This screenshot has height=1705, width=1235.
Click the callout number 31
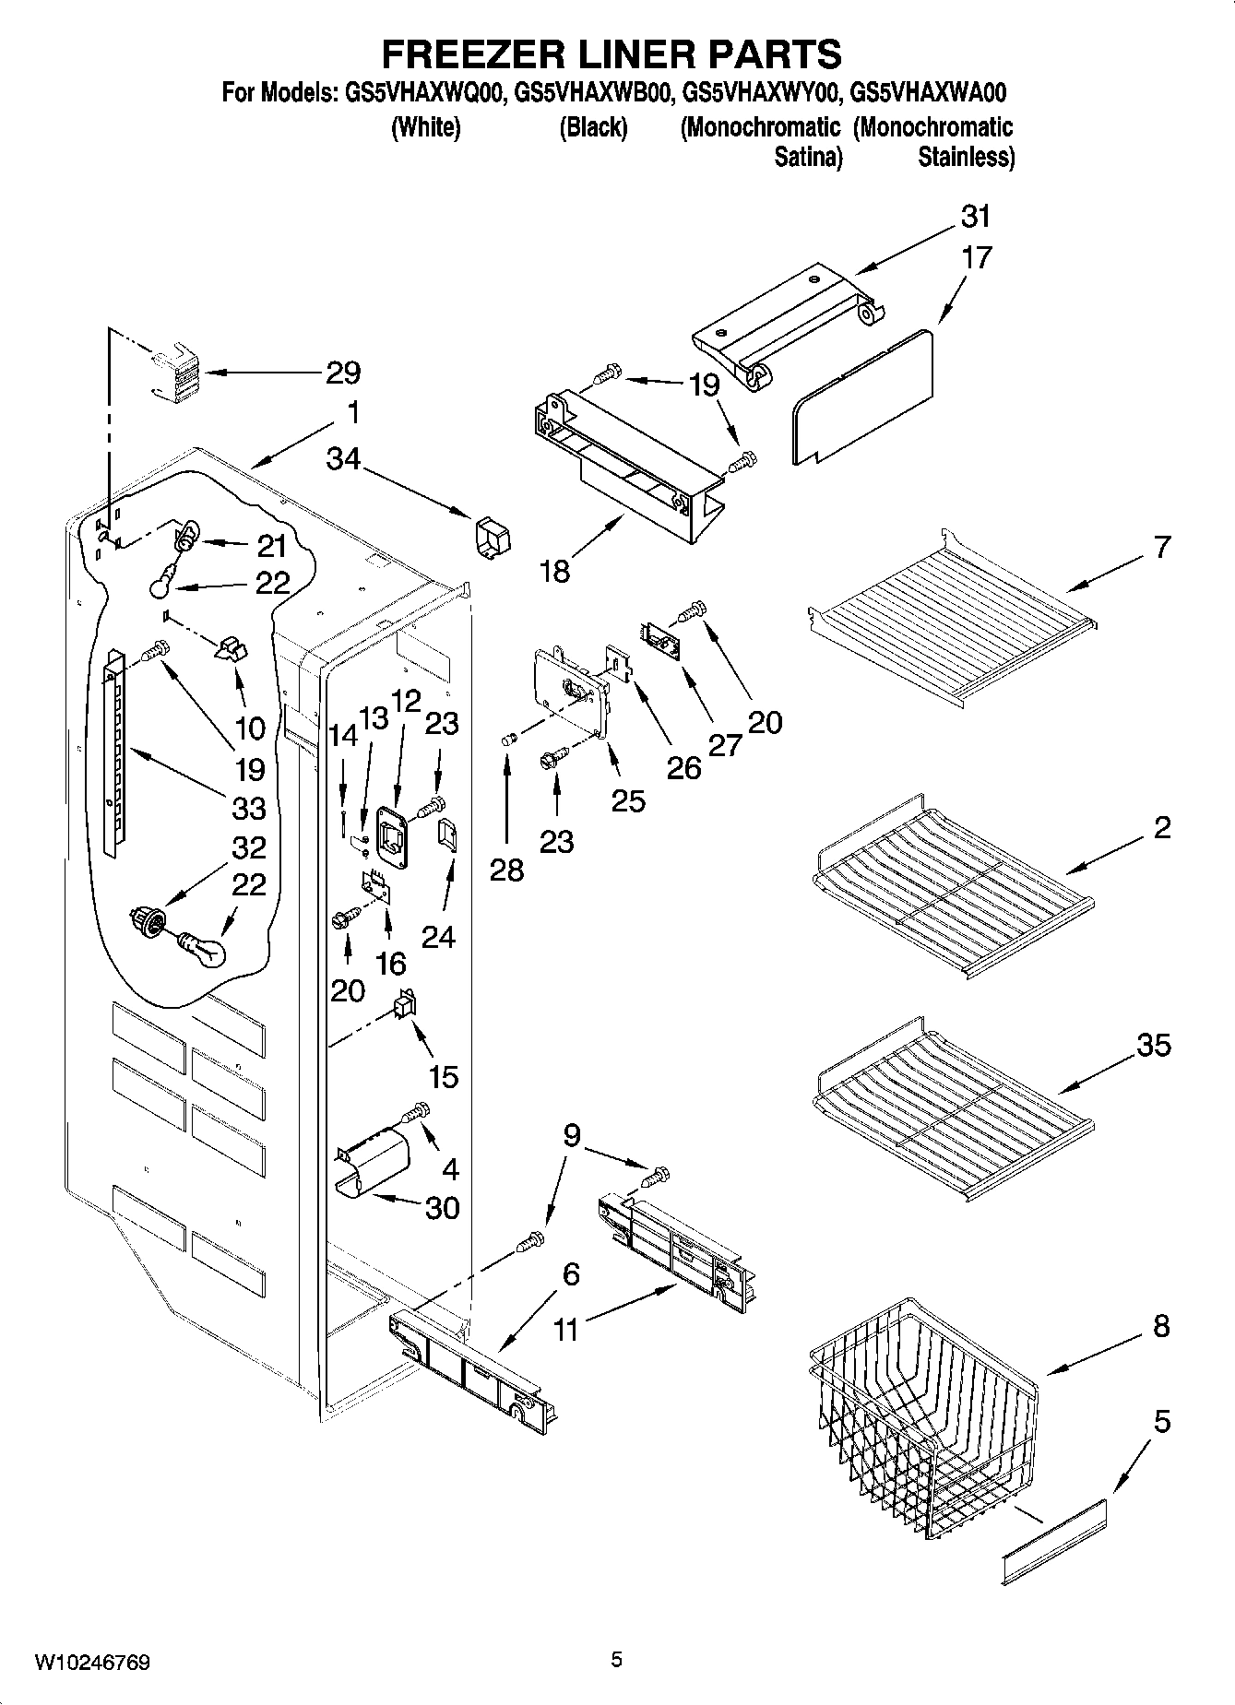tap(975, 217)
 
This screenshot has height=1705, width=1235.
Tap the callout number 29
tap(342, 373)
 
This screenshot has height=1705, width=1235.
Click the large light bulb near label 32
tap(202, 949)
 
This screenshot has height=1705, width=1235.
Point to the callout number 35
tap(1153, 1045)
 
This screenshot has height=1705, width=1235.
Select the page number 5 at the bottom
tap(616, 1661)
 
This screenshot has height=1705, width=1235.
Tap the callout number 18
tap(554, 572)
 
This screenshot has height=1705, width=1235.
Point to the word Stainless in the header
tap(966, 158)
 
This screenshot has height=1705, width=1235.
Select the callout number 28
tap(506, 869)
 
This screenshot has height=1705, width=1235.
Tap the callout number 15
tap(444, 1075)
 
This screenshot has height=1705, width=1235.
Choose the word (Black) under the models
tap(593, 127)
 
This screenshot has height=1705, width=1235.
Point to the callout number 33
tap(249, 808)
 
